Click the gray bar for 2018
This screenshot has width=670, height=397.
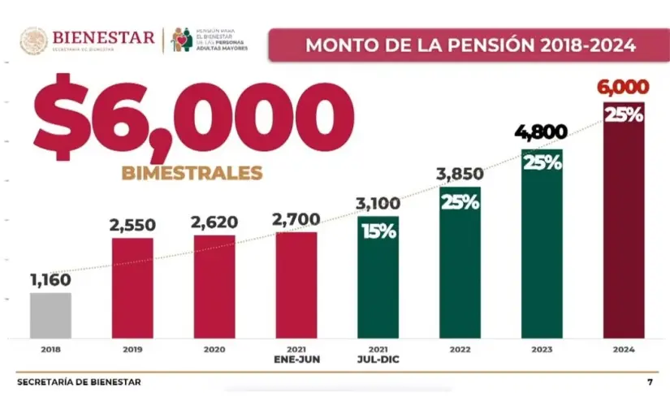(x=50, y=315)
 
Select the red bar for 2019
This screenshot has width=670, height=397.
(x=132, y=287)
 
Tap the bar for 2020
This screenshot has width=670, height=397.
(x=214, y=286)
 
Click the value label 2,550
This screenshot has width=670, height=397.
(x=132, y=225)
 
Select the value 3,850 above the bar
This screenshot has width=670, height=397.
(x=460, y=174)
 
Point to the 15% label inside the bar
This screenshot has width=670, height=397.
(x=378, y=231)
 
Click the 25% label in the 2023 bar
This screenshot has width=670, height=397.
(x=542, y=162)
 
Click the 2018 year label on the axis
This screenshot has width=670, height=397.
(x=50, y=349)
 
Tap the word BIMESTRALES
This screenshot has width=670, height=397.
(x=192, y=173)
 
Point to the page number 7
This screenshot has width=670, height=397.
(x=650, y=382)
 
